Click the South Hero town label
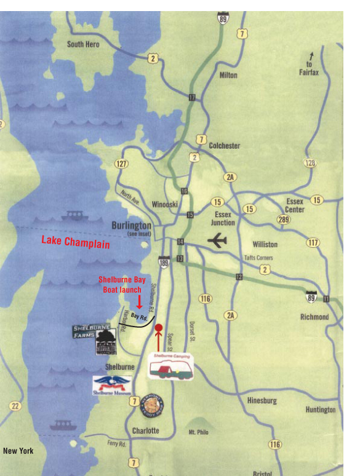(83, 44)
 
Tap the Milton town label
(228, 75)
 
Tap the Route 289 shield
(283, 219)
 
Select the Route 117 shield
(313, 242)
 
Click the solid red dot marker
(158, 328)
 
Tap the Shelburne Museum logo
(112, 386)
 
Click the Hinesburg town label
(262, 400)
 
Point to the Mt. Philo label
(198, 432)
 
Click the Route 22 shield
(15, 406)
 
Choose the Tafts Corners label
(258, 258)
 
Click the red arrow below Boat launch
(140, 302)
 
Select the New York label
(18, 451)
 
